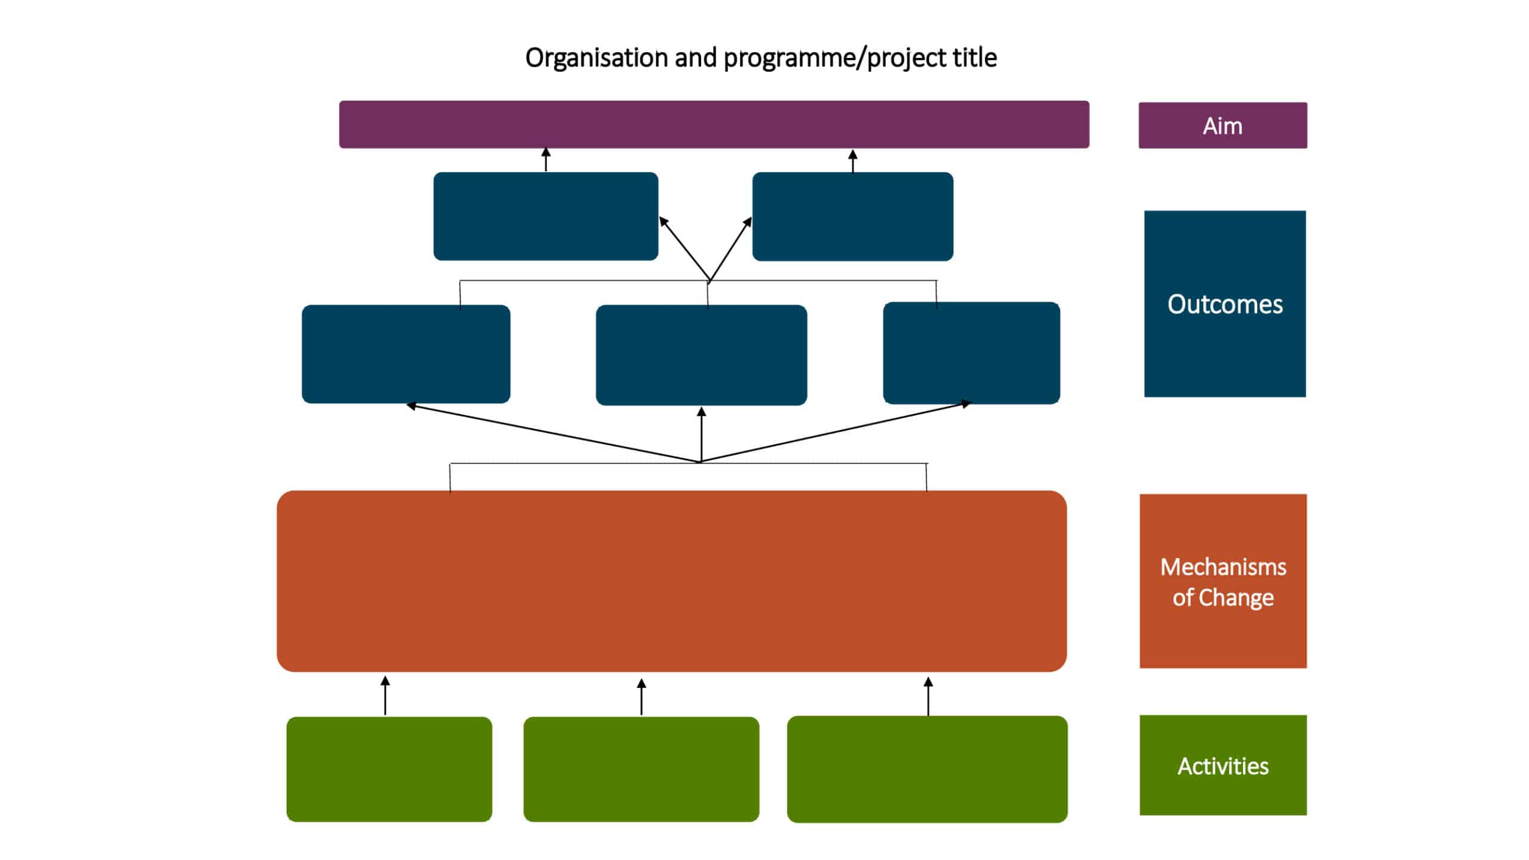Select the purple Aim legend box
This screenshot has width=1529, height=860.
(1222, 125)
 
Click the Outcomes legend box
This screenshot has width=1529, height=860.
(1224, 303)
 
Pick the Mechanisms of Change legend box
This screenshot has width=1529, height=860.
(1223, 580)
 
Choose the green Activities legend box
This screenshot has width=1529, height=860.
(1223, 765)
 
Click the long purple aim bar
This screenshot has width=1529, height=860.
(714, 124)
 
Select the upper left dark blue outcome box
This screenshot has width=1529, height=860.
(545, 216)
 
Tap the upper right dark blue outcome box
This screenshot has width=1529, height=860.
(852, 216)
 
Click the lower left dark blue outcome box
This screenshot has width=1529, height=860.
(406, 354)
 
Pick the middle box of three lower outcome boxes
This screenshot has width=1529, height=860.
(701, 355)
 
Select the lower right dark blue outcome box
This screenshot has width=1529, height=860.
(971, 353)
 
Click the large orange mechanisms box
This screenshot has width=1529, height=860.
(671, 580)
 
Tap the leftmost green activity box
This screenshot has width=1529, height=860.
(389, 769)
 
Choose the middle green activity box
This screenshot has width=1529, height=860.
(641, 769)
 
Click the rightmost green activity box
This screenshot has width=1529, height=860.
(927, 769)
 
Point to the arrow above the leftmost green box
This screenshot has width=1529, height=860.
(385, 695)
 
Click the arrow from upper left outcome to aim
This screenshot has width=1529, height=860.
(545, 159)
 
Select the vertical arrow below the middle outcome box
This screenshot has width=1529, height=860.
(701, 434)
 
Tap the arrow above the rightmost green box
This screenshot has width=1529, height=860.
(928, 696)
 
